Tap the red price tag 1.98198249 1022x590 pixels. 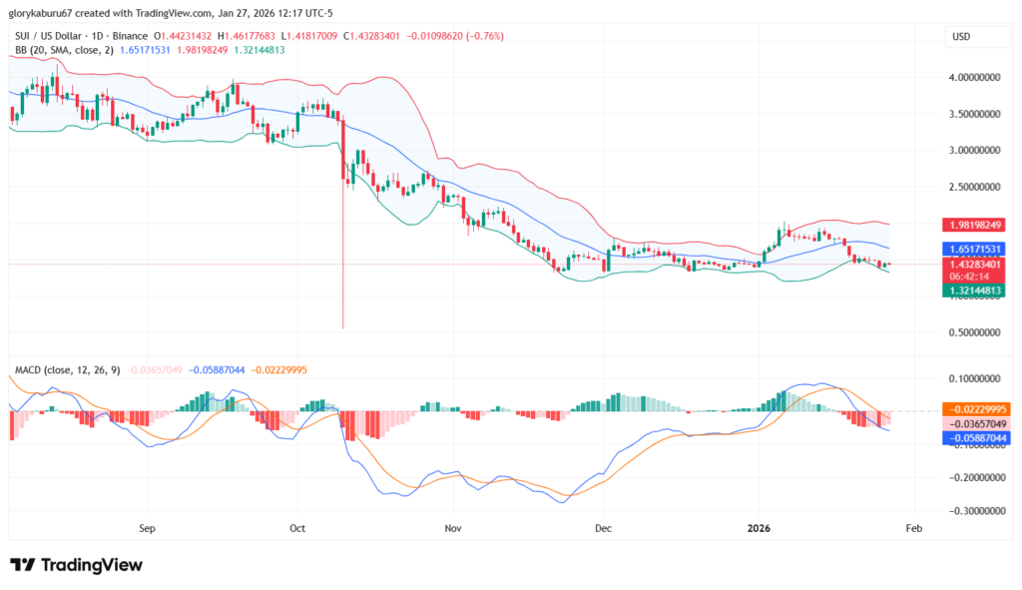pos(975,225)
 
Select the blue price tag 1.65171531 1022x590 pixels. pos(975,248)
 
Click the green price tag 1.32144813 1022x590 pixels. pos(975,290)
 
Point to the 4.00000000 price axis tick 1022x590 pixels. pos(973,78)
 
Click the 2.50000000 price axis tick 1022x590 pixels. pos(973,187)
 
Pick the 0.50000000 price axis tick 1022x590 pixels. pos(973,332)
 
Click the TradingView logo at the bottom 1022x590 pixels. pos(77,565)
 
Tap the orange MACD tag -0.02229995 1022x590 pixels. pos(975,409)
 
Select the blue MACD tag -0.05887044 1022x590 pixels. pos(975,437)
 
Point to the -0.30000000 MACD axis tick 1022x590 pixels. pos(973,511)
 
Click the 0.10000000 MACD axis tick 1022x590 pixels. pos(973,379)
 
